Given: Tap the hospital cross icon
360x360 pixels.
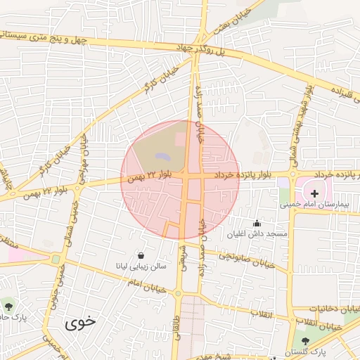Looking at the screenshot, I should tap(314, 192).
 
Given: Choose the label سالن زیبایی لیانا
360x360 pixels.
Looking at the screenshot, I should tap(141, 266).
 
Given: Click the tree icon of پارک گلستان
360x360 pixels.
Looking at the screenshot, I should tap(304, 340).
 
